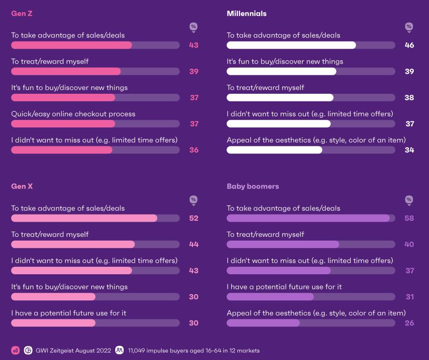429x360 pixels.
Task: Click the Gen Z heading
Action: [21, 14]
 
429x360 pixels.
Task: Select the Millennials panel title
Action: [246, 14]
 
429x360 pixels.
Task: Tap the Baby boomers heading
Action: [253, 187]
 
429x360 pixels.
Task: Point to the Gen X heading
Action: [22, 187]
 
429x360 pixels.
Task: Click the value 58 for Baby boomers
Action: [409, 218]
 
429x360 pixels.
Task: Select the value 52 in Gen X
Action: [193, 218]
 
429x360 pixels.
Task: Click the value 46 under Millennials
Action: [409, 45]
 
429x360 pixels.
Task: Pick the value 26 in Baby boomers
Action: [409, 323]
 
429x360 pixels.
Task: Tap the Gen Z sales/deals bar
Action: [71, 45]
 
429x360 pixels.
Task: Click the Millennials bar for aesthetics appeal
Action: [274, 150]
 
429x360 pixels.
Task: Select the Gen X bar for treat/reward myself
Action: [73, 244]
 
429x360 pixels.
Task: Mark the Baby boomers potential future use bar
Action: [270, 297]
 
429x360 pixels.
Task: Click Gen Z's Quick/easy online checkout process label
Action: [73, 114]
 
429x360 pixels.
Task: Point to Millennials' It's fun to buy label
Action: [284, 62]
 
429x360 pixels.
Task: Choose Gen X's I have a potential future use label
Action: [68, 313]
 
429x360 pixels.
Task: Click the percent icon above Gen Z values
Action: [193, 27]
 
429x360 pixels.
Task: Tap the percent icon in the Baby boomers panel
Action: [409, 200]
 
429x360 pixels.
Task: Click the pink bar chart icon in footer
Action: [16, 351]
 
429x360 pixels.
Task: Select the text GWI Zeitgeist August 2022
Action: [73, 351]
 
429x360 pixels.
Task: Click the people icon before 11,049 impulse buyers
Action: [119, 351]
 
